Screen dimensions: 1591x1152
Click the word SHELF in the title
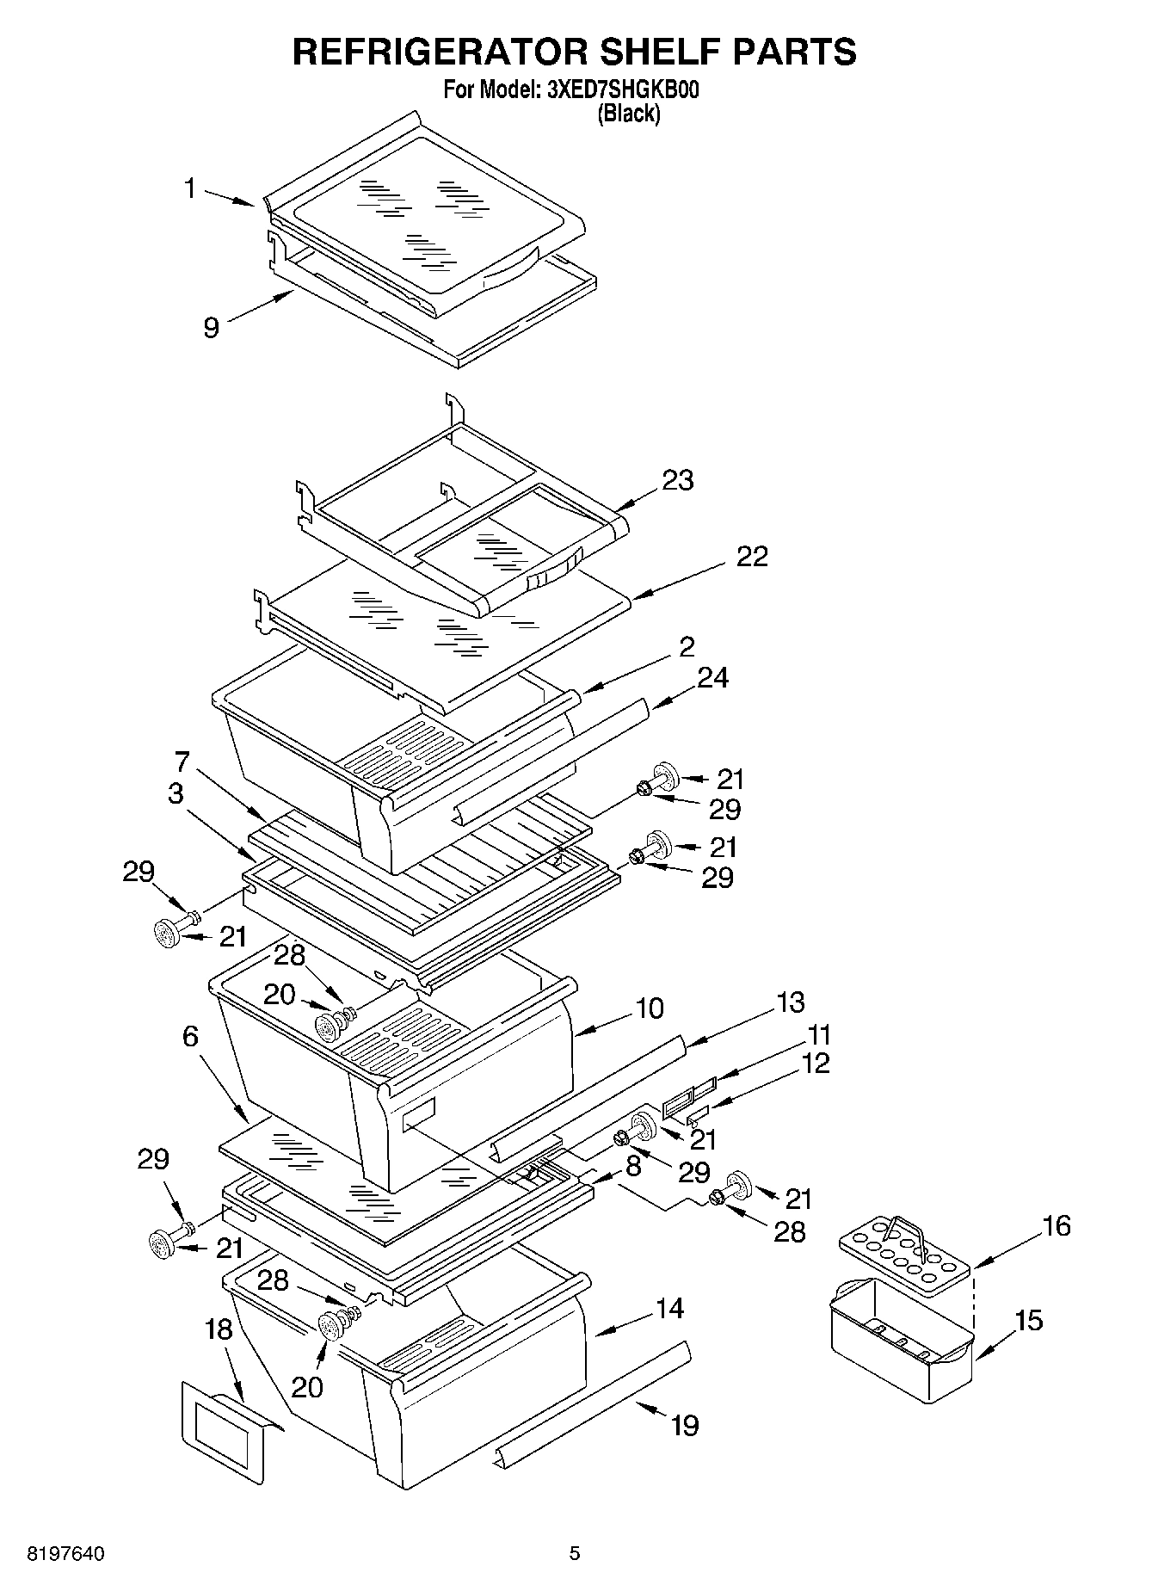tap(653, 52)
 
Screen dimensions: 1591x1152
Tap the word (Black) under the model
tap(629, 113)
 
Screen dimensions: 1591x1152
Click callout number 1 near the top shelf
tap(191, 188)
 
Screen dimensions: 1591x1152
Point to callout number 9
tap(212, 327)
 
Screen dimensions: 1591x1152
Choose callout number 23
tap(677, 480)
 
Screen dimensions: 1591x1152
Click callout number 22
tap(751, 557)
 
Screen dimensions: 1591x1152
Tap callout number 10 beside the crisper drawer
tap(650, 1008)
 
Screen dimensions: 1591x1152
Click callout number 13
tap(789, 1002)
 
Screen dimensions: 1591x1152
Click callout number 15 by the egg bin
tap(1027, 1320)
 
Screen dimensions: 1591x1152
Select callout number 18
tap(219, 1329)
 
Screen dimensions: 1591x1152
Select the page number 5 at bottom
tap(575, 1553)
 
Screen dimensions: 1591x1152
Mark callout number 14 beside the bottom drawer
tap(668, 1309)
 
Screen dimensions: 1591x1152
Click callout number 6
tap(190, 1037)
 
